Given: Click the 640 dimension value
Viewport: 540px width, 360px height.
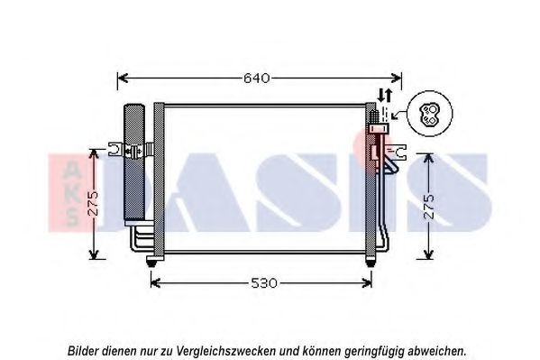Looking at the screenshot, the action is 257,78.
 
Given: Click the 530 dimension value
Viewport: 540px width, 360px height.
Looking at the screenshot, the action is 264,283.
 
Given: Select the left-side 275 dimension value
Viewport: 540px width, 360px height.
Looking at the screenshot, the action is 93,203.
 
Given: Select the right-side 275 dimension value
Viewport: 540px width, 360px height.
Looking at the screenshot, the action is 429,207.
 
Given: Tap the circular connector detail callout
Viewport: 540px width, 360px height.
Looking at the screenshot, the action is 430,114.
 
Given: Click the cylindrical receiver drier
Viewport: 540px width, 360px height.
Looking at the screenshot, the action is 134,164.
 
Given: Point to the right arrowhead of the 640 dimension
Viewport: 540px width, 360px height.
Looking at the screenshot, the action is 397,78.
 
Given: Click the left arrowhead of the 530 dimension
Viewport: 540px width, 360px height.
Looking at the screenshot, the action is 156,283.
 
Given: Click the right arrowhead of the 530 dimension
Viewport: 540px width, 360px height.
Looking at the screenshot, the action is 366,283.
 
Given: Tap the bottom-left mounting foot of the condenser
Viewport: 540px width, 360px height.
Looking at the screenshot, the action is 151,261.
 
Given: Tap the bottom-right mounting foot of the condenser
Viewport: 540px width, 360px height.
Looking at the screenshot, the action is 371,261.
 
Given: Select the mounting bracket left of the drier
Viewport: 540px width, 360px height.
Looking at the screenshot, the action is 115,150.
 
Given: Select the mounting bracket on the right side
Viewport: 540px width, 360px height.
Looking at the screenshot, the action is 398,152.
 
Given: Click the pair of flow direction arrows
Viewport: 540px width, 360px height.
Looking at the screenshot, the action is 385,95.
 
